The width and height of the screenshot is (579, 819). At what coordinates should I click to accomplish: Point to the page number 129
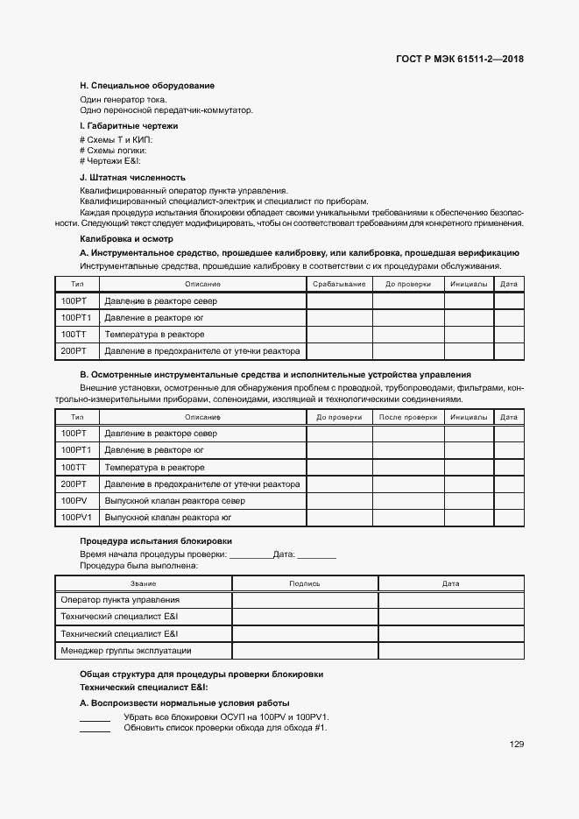[x=516, y=745]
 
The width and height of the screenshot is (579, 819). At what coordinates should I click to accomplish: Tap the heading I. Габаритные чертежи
[x=129, y=126]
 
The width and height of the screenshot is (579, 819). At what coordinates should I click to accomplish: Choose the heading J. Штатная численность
[x=132, y=176]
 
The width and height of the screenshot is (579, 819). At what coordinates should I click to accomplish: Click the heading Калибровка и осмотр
[x=126, y=238]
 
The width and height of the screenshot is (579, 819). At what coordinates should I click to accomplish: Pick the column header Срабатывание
[x=339, y=284]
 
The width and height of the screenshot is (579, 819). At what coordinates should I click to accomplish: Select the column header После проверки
[x=407, y=418]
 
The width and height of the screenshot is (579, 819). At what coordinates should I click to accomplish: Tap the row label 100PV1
[x=76, y=518]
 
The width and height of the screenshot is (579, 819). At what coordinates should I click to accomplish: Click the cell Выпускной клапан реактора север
[x=174, y=501]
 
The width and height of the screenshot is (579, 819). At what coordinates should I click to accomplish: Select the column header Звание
[x=143, y=583]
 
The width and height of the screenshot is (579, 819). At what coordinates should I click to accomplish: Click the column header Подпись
[x=304, y=583]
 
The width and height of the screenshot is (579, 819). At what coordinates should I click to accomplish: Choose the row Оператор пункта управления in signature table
[x=120, y=600]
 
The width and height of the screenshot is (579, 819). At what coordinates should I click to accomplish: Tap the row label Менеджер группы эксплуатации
[x=125, y=651]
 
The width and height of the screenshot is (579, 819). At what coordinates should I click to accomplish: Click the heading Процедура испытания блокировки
[x=156, y=541]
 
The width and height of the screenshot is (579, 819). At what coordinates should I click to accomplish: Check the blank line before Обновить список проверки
[x=95, y=729]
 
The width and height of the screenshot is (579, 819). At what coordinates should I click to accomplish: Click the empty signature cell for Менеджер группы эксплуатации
[x=304, y=651]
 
